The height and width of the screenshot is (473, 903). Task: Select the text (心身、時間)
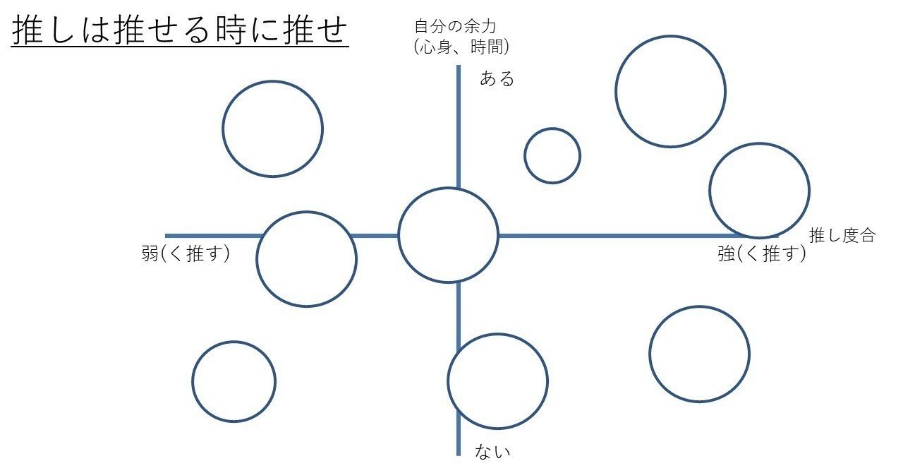click(462, 47)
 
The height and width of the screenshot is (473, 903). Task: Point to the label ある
click(497, 78)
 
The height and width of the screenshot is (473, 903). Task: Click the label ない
click(492, 450)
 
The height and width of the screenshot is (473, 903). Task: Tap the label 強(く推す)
click(762, 254)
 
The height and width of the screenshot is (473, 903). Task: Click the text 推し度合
click(841, 236)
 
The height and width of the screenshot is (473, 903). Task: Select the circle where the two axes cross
click(448, 235)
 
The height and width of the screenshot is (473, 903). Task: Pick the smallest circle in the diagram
click(552, 155)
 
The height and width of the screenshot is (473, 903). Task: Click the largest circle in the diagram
click(670, 92)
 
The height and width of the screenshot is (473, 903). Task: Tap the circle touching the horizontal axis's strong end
click(759, 191)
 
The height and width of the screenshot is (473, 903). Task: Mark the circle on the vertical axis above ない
click(497, 381)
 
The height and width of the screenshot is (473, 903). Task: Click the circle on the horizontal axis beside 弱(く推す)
click(306, 259)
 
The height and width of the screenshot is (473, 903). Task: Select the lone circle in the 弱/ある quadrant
click(272, 128)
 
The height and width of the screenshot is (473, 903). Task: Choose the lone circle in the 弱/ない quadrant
click(234, 381)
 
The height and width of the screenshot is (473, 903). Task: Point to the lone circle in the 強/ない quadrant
click(699, 354)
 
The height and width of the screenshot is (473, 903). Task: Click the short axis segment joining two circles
click(377, 236)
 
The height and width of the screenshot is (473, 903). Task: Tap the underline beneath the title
click(180, 48)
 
